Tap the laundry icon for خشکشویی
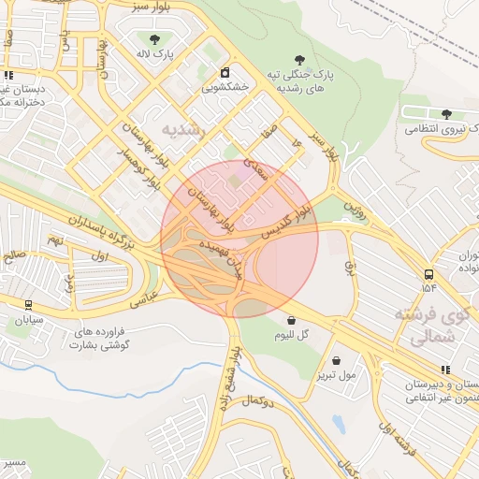225,73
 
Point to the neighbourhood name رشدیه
182,130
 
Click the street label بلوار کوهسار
137,168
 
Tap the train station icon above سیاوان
29,304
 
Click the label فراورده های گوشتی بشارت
100,339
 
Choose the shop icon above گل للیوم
292,320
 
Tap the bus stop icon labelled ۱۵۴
428,275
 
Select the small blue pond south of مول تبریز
338,424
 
